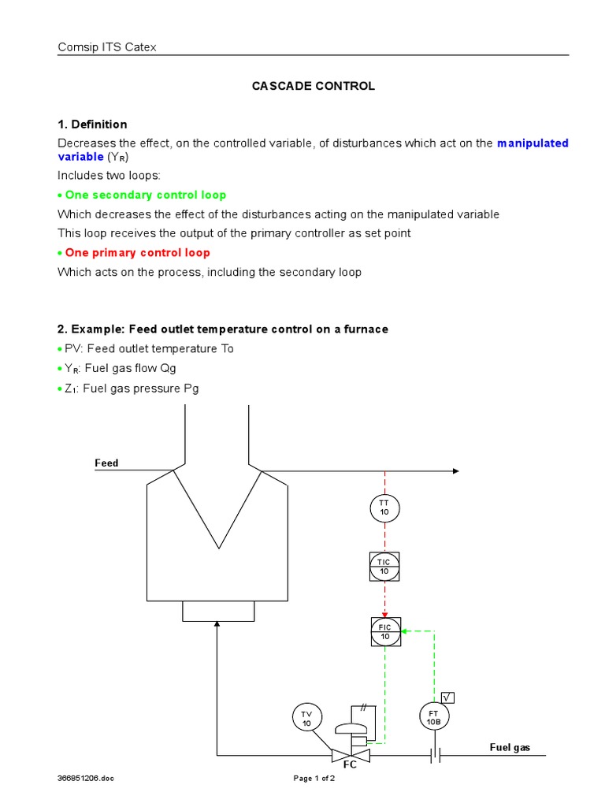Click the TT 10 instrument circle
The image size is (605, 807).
pyautogui.click(x=384, y=507)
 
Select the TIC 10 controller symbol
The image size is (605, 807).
pyautogui.click(x=384, y=566)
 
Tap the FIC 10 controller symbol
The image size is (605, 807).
pyautogui.click(x=385, y=631)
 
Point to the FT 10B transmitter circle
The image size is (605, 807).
pyautogui.click(x=433, y=716)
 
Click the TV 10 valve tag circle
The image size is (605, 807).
pyautogui.click(x=306, y=718)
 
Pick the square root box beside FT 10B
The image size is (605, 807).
pyautogui.click(x=448, y=697)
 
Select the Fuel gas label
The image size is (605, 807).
pyautogui.click(x=510, y=746)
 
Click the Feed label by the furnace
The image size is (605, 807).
pyautogui.click(x=106, y=463)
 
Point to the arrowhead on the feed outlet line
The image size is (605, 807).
pyautogui.click(x=455, y=470)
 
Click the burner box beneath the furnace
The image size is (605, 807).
pyautogui.click(x=218, y=611)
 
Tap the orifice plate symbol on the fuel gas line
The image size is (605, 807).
pyautogui.click(x=434, y=756)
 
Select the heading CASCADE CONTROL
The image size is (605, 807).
pyautogui.click(x=314, y=86)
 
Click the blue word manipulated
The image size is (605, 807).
pyautogui.click(x=533, y=143)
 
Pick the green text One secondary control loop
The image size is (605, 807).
pyautogui.click(x=146, y=195)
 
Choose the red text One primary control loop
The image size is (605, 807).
pyautogui.click(x=137, y=253)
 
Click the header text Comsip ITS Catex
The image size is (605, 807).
pyautogui.click(x=107, y=47)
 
